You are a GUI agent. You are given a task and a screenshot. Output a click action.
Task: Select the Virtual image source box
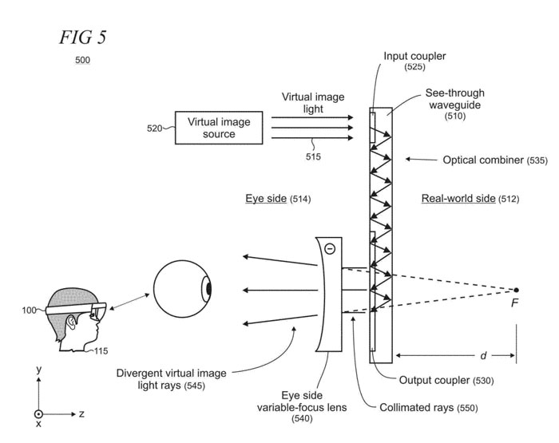218,128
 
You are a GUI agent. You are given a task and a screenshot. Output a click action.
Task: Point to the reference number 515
312,157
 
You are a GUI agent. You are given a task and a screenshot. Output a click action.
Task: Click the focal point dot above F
517,290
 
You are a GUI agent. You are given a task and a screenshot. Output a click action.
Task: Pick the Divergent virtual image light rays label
172,379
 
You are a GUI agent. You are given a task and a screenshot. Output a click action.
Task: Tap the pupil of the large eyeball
208,288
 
